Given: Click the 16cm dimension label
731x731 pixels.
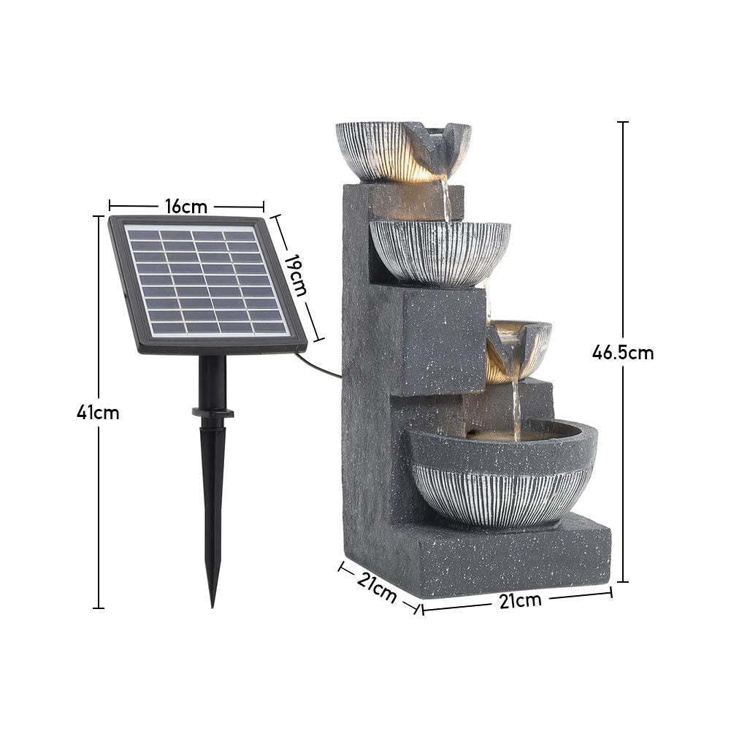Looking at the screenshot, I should click(186, 207).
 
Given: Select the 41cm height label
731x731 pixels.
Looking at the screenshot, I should click(98, 413).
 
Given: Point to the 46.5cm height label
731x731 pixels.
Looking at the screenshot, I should click(622, 353).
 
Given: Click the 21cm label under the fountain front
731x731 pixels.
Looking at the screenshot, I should click(520, 600).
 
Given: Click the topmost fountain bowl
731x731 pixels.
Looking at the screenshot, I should click(402, 150).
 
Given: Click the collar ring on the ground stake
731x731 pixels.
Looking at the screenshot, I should click(213, 413).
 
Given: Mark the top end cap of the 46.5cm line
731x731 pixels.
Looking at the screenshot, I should click(622, 123).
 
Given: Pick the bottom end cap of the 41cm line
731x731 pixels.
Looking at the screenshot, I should click(99, 607).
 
